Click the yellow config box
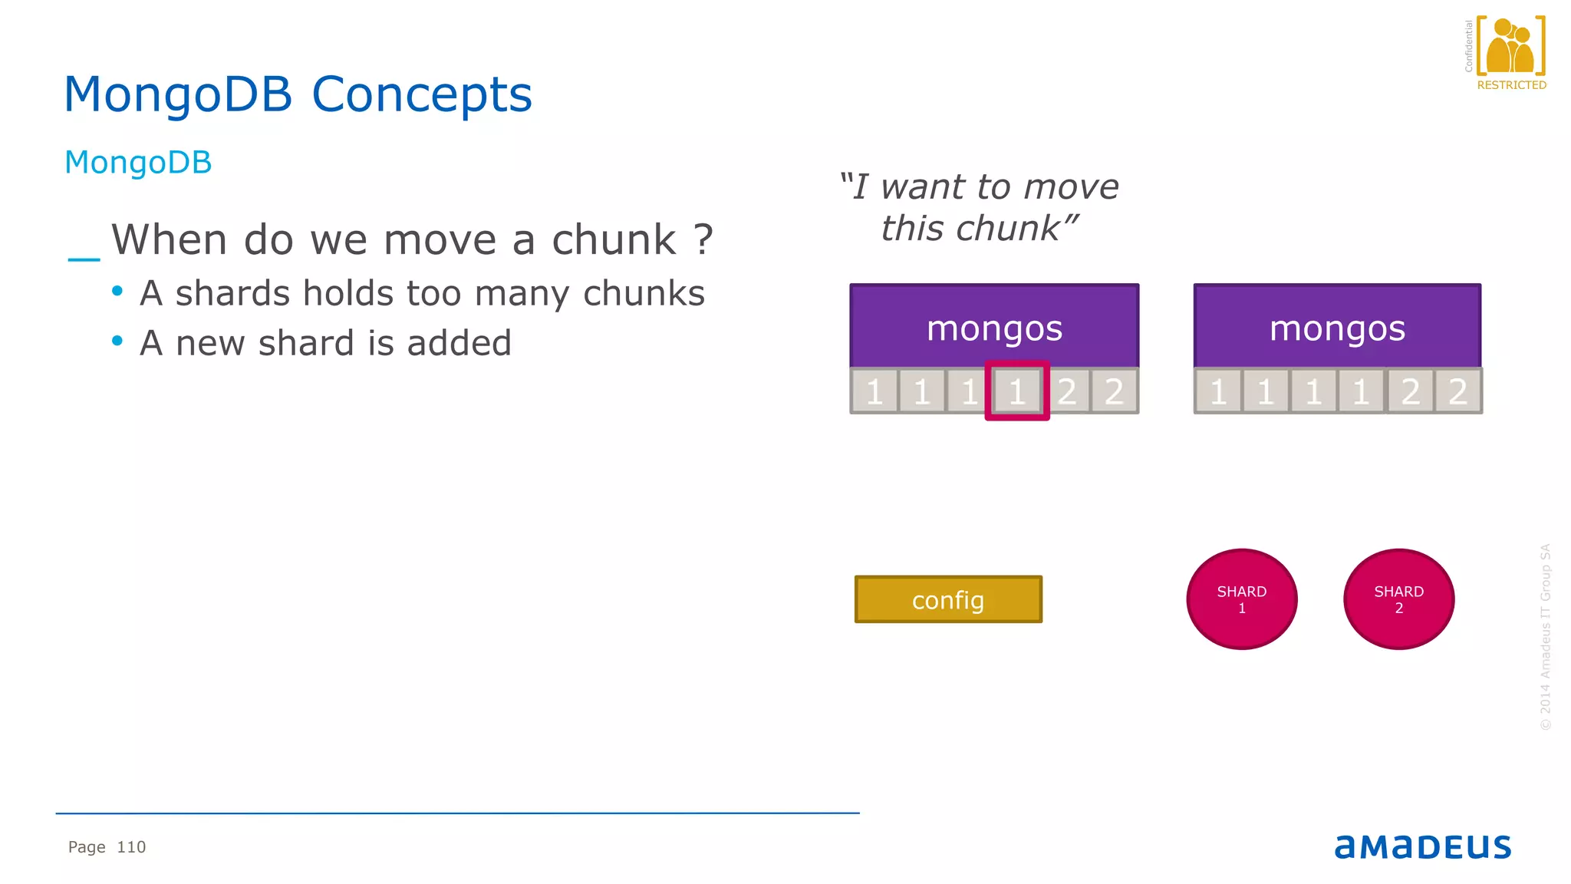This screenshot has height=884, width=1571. (948, 599)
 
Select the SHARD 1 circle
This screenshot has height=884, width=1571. (1241, 599)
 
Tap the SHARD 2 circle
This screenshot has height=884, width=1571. (1398, 599)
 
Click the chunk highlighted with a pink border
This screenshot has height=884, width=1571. (1017, 391)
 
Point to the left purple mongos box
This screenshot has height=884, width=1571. (994, 327)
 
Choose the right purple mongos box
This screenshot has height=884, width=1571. (1337, 327)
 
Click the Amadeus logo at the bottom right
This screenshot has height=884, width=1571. (1422, 846)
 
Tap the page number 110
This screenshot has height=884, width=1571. (131, 847)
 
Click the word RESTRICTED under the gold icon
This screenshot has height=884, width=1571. (1511, 85)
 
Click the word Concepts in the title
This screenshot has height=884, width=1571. (421, 95)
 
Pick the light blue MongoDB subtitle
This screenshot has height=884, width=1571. (138, 163)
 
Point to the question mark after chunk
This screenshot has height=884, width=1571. (703, 240)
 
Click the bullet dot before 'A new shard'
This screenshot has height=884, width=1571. (117, 340)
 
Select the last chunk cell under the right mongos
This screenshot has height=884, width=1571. (1457, 391)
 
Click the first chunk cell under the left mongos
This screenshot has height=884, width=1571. (874, 391)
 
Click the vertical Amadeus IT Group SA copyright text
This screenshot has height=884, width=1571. (1545, 637)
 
